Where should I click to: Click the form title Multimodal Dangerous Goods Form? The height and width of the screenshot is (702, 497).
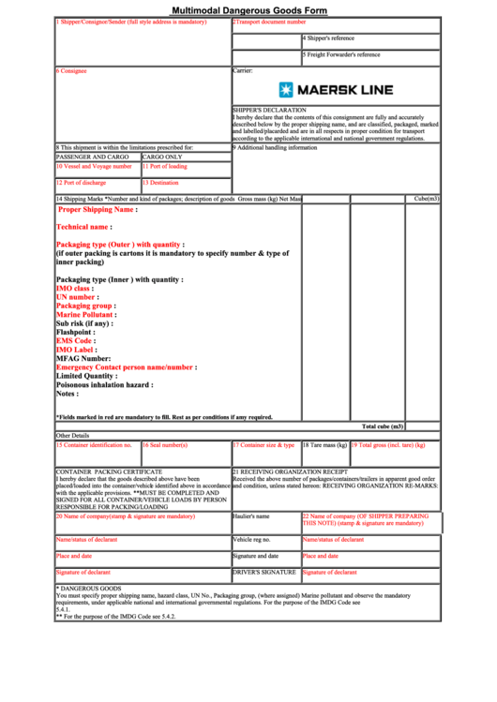click(249, 8)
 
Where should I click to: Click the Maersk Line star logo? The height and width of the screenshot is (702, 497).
click(287, 90)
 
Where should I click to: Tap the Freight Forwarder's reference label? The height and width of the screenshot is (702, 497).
click(342, 54)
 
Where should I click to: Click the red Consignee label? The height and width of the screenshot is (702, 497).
click(71, 70)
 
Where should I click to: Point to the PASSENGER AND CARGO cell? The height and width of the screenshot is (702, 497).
click(92, 157)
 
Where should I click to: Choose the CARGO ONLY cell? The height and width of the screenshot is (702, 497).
click(163, 157)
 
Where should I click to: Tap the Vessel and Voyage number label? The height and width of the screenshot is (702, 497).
click(94, 166)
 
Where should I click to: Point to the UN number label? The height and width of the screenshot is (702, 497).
click(78, 297)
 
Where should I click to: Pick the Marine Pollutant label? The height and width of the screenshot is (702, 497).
click(85, 315)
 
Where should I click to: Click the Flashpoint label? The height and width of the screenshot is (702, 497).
click(76, 332)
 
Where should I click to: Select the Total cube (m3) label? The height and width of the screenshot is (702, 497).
click(383, 426)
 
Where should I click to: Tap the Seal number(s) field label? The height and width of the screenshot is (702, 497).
click(166, 445)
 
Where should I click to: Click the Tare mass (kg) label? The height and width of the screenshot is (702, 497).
click(324, 445)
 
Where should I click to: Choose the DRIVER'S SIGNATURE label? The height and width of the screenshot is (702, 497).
click(264, 572)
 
